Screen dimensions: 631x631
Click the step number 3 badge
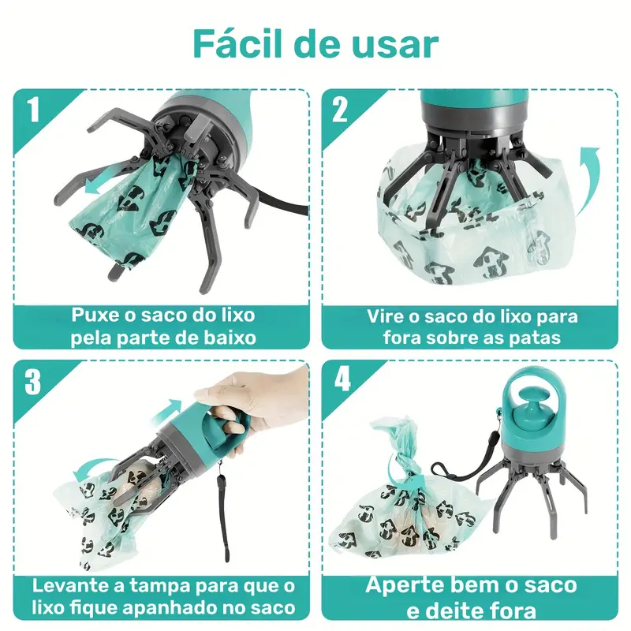32,381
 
